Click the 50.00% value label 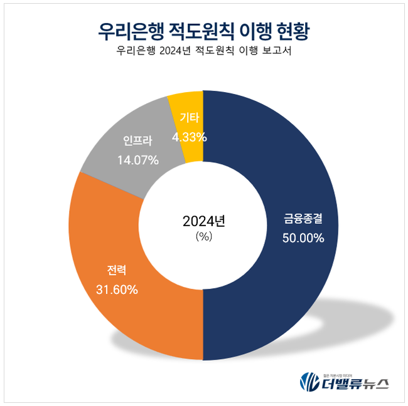303,238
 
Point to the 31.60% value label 117,289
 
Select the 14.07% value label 138,160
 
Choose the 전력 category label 117,271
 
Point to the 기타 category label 190,117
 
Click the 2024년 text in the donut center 203,221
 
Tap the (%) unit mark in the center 203,236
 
